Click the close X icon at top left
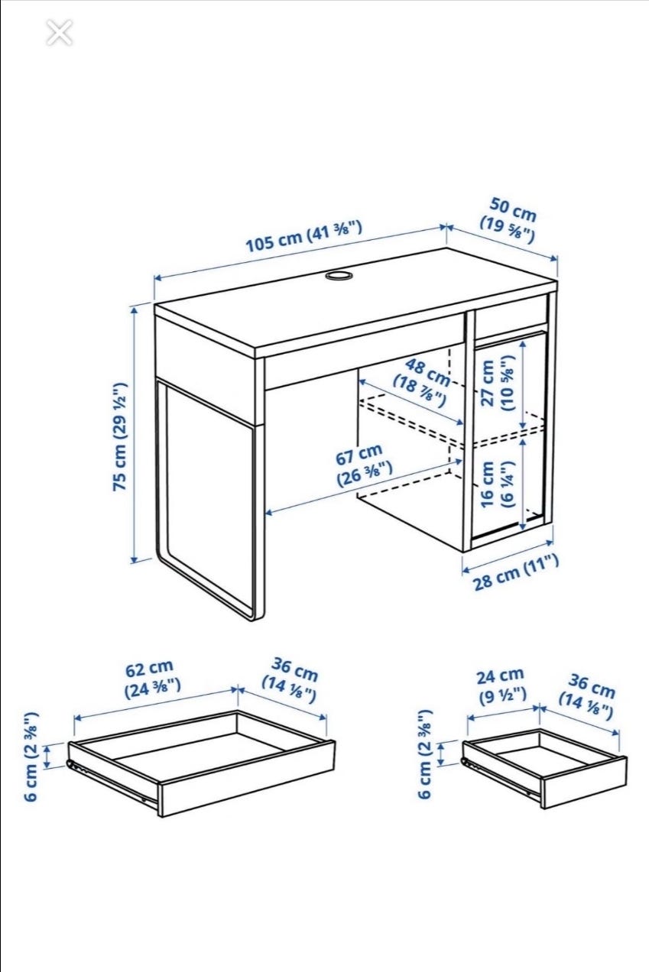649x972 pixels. pos(59,33)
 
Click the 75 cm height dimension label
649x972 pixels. pos(120,436)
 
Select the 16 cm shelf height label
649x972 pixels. pos(497,484)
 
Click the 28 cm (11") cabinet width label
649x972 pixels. pos(516,572)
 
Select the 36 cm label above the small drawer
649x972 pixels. pos(587,696)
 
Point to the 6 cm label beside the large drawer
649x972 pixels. pos(33,757)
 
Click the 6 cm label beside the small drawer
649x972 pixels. pos(426,755)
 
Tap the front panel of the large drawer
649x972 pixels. pos(245,779)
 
